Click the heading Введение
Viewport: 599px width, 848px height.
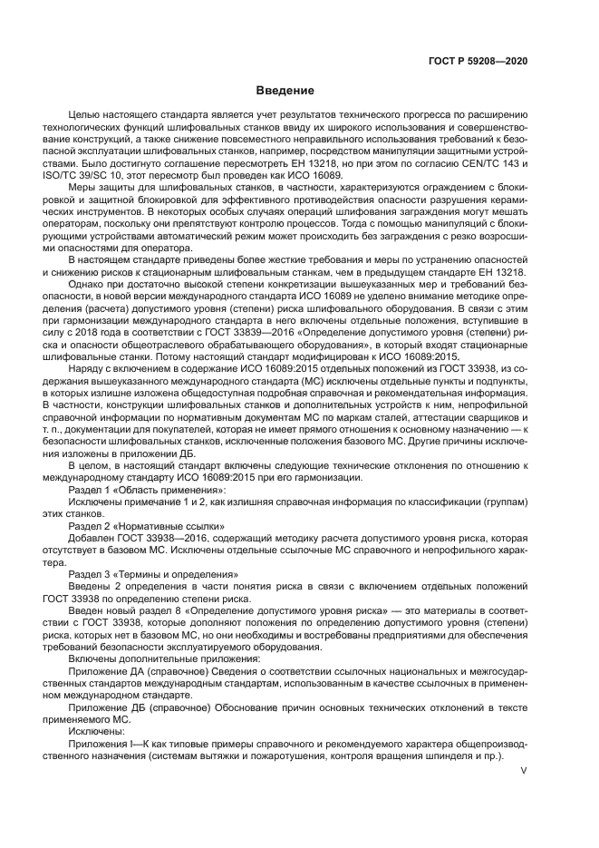tap(284, 91)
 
